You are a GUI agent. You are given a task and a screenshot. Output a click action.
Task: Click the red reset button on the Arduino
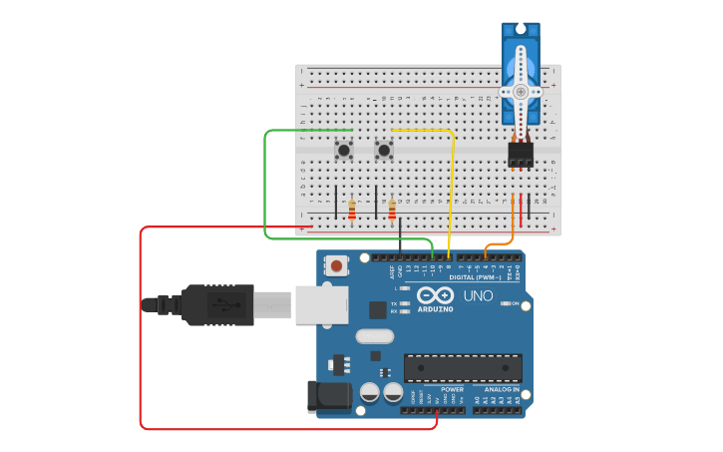coord(338,265)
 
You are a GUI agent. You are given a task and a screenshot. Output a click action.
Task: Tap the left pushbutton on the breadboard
coord(344,151)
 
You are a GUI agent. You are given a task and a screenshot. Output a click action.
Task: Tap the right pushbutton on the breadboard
coord(384,151)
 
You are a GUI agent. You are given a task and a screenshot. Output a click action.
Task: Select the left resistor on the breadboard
coord(352,210)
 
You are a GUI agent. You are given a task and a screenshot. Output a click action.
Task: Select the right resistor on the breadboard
coord(392,210)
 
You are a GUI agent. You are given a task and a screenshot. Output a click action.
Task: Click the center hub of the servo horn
coord(520,92)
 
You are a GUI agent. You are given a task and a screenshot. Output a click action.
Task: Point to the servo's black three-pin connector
coord(520,154)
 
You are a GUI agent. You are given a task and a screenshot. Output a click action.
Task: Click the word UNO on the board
coord(479,296)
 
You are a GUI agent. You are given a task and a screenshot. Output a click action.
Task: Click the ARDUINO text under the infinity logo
coord(436,309)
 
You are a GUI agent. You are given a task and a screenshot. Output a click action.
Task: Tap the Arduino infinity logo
coord(436,295)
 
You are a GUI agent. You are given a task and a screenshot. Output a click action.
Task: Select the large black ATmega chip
coord(462,367)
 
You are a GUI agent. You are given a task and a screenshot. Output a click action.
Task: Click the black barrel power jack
coord(330,397)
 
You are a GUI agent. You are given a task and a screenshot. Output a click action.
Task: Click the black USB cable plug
coord(218,304)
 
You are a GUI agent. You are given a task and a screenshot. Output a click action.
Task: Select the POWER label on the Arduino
coord(452,389)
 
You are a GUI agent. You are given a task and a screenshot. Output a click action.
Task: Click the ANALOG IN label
coord(502,389)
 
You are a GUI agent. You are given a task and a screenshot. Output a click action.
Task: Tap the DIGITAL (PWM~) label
coord(477,277)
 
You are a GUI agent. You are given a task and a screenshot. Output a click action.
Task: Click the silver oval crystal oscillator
coord(374,336)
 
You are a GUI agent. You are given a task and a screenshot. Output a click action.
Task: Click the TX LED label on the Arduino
coord(395,302)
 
